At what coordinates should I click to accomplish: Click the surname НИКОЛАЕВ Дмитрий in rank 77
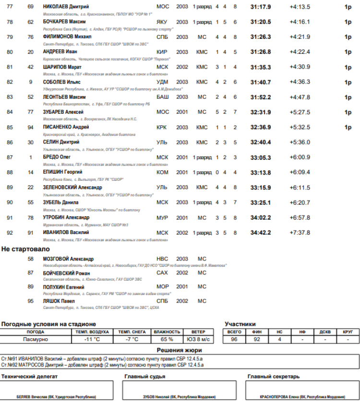click(x=65, y=7)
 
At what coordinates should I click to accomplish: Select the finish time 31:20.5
click(x=261, y=22)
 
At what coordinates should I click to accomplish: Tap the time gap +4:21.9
click(x=300, y=37)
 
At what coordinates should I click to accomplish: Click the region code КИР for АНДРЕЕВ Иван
click(x=162, y=52)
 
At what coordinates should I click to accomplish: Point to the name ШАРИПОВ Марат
click(x=62, y=67)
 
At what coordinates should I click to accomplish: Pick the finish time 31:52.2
click(x=261, y=97)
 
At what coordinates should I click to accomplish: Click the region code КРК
click(x=162, y=127)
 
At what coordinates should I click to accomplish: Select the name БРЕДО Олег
click(x=57, y=157)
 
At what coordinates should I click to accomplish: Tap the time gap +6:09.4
click(x=300, y=172)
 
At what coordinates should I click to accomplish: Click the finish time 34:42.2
click(x=261, y=233)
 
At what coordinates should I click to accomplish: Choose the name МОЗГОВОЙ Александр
click(x=68, y=259)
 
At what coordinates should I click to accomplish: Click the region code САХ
click(x=162, y=273)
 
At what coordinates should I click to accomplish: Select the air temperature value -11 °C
click(x=92, y=339)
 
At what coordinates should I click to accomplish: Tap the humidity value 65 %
click(x=167, y=339)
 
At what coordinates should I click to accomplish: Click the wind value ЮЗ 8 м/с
click(x=198, y=339)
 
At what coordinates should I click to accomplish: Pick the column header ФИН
click(x=257, y=332)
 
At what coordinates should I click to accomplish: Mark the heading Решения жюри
click(x=180, y=351)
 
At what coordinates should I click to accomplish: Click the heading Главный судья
click(x=141, y=377)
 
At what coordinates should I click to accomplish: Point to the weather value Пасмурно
click(x=36, y=339)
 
